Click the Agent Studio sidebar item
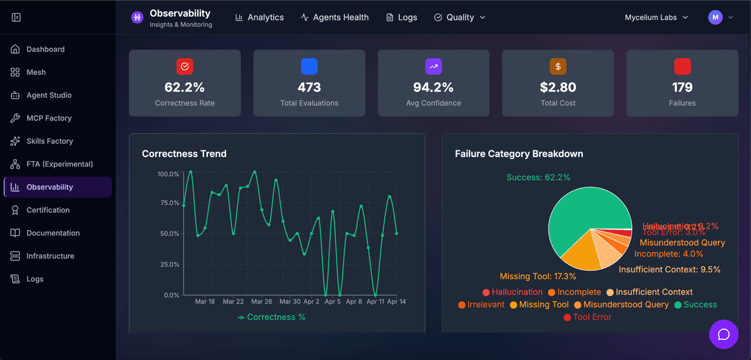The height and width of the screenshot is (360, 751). [49, 95]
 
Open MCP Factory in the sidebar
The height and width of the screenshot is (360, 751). [49, 118]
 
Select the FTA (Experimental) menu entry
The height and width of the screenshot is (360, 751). [59, 164]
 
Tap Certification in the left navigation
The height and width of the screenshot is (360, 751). [48, 210]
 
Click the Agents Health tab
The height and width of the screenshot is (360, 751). [335, 18]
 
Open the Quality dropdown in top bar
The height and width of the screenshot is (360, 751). [460, 18]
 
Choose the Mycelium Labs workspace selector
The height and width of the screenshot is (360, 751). [656, 18]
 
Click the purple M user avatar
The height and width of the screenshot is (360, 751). [715, 18]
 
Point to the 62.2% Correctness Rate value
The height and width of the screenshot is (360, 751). [185, 87]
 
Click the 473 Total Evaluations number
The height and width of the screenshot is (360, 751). [309, 87]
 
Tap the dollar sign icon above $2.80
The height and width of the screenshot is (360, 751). [558, 66]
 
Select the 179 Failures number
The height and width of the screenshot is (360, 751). [682, 87]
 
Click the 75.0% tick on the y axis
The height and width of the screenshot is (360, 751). [168, 203]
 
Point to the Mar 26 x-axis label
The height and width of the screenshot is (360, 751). [262, 302]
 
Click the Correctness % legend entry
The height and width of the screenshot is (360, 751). [272, 317]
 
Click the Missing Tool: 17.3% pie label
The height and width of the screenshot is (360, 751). [538, 276]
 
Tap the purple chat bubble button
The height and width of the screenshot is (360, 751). [723, 334]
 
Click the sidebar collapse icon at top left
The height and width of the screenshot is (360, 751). [16, 18]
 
